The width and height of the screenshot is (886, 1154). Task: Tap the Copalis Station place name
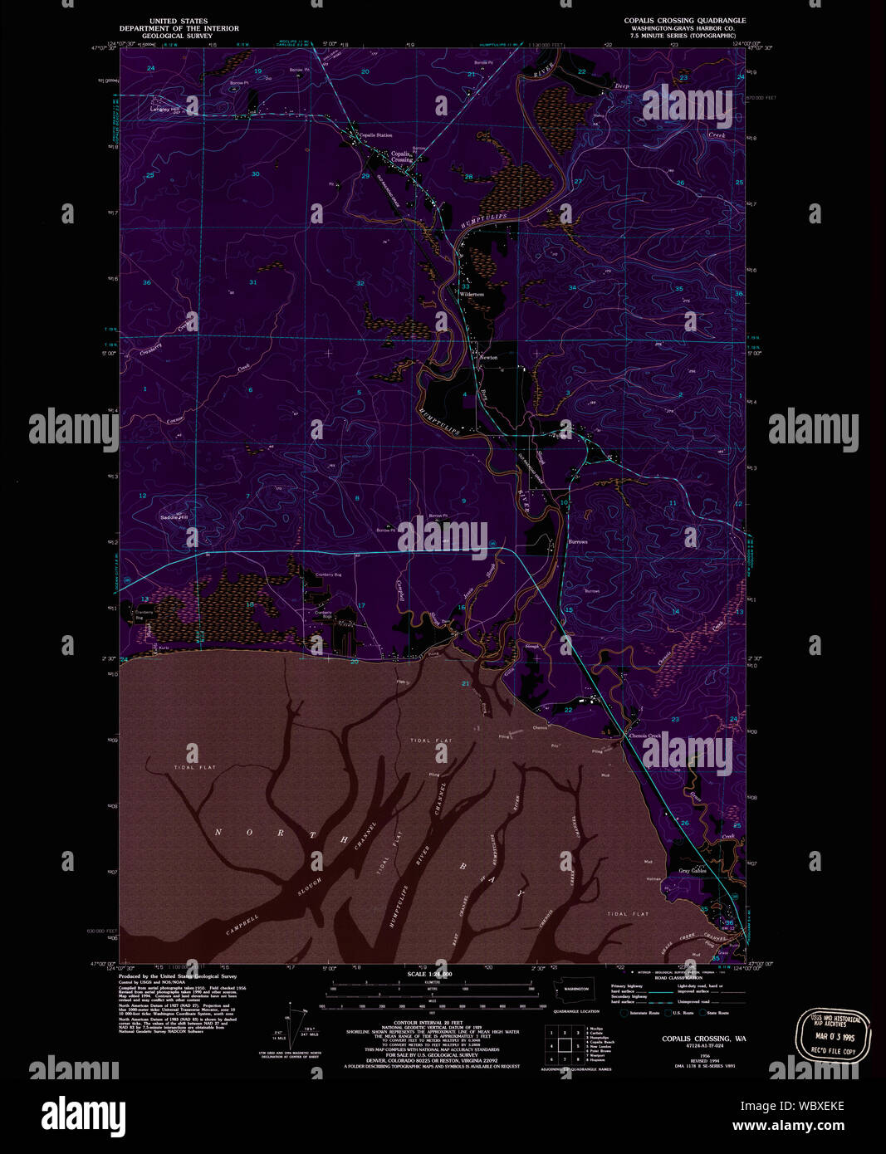pos(375,134)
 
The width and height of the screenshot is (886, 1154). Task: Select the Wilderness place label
pos(472,294)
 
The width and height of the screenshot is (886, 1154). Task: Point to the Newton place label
pos(488,357)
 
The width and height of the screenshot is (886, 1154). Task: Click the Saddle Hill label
pos(174,516)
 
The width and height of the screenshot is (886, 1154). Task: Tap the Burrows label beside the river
pos(578,541)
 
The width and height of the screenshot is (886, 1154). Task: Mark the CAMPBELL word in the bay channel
pos(242,930)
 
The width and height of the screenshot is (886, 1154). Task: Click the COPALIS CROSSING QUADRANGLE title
pos(685,21)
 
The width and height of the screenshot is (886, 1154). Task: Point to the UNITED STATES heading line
pos(179,21)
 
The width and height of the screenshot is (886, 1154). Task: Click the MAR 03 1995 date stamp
pos(833,1036)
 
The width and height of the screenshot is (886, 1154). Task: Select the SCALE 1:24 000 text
pos(430,974)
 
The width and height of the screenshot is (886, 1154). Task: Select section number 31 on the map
pos(253,282)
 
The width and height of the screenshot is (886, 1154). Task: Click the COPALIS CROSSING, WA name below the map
pos(703,1039)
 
